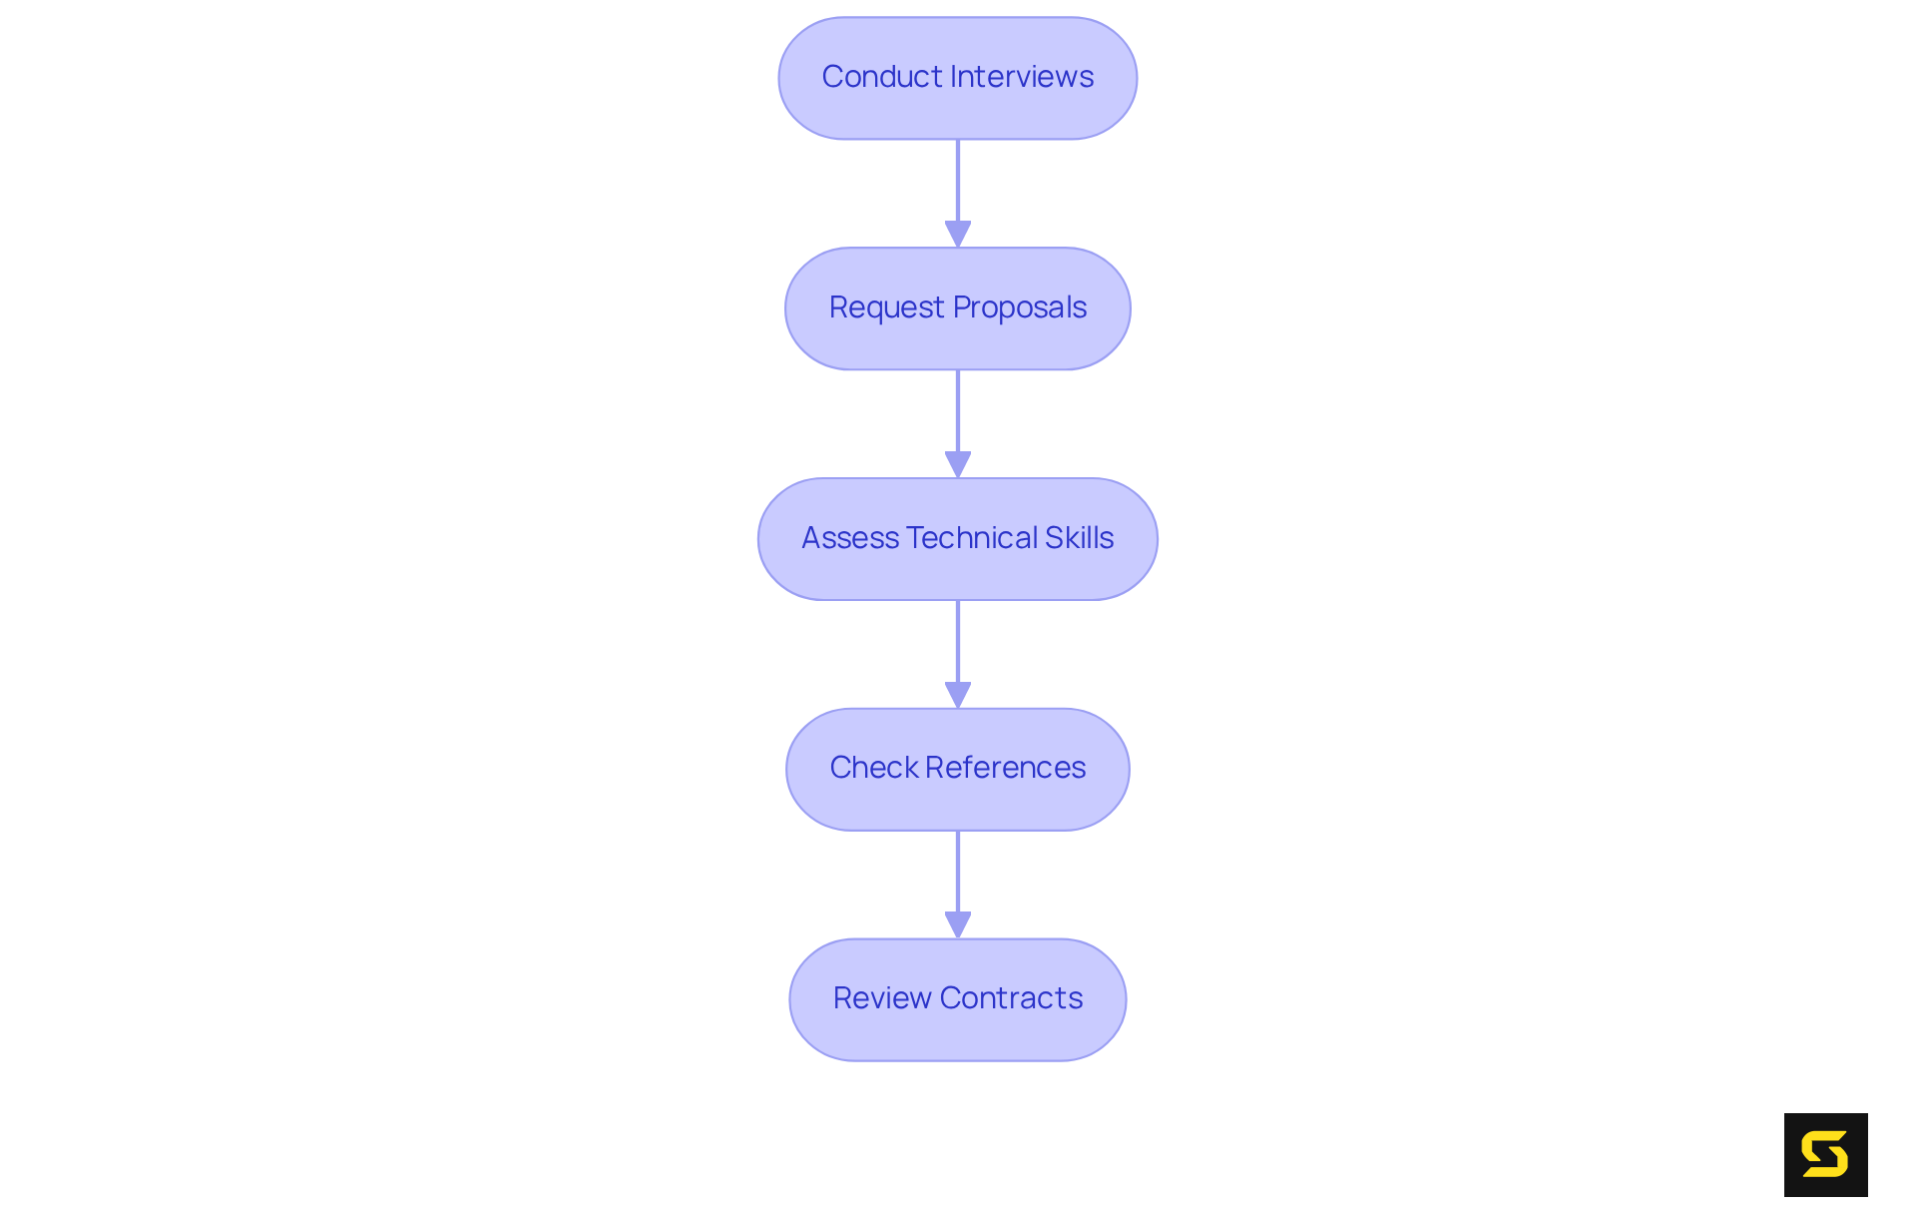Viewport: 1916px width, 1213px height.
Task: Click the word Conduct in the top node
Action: (x=882, y=77)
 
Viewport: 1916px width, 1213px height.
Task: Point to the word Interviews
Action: (x=1022, y=77)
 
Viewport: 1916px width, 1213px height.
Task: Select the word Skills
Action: (x=1080, y=538)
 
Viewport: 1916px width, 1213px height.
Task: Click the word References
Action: (x=1005, y=768)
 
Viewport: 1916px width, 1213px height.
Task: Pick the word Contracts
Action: (x=1011, y=998)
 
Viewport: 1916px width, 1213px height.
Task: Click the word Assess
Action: (x=850, y=538)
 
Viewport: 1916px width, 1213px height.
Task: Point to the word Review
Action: (x=882, y=998)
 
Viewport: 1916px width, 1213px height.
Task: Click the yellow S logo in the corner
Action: (x=1825, y=1155)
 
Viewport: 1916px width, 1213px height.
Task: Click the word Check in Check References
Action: (x=873, y=768)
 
